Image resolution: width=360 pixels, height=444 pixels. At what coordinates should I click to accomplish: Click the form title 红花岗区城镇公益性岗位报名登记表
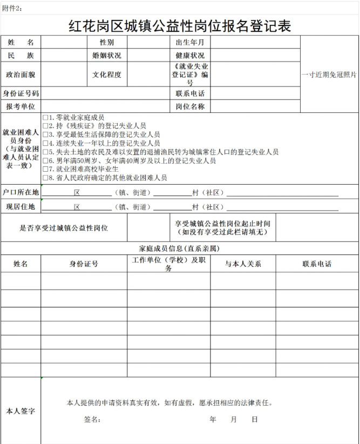click(x=180, y=24)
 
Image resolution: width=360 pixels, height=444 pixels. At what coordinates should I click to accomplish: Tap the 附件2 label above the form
click(x=13, y=6)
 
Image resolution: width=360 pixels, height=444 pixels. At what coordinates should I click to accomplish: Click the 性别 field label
click(x=106, y=42)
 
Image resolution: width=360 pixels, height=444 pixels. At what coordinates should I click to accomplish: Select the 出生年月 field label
click(x=190, y=42)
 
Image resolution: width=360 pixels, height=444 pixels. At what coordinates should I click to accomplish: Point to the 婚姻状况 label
click(x=106, y=56)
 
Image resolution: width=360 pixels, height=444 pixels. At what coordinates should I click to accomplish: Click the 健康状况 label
click(x=190, y=56)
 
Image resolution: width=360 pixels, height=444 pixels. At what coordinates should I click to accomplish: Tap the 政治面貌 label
click(x=21, y=75)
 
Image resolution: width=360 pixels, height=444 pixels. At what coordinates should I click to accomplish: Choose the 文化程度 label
click(x=106, y=75)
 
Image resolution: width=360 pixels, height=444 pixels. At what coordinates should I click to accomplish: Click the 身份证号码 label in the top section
click(x=21, y=93)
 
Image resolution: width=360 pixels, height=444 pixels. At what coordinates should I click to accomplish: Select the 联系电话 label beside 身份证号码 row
click(x=190, y=93)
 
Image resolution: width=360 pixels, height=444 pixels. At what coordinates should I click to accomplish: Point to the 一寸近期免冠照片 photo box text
click(x=329, y=75)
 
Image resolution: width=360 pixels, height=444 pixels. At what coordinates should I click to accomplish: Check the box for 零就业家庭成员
click(x=45, y=117)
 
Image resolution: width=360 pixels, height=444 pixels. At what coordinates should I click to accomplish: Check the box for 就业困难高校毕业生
click(x=45, y=169)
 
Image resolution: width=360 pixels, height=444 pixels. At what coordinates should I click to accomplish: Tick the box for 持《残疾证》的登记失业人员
click(x=45, y=126)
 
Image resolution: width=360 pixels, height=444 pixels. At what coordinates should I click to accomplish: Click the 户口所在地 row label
click(x=21, y=192)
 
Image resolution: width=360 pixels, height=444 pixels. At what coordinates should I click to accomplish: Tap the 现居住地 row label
click(x=21, y=206)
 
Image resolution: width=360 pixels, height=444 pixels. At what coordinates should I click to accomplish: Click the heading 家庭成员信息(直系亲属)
click(x=179, y=248)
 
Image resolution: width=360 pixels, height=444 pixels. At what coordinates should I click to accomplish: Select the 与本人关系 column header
click(x=243, y=264)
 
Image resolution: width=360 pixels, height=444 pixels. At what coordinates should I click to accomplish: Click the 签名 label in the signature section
click(x=92, y=419)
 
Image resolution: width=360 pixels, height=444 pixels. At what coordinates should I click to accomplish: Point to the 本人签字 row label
click(x=21, y=411)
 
